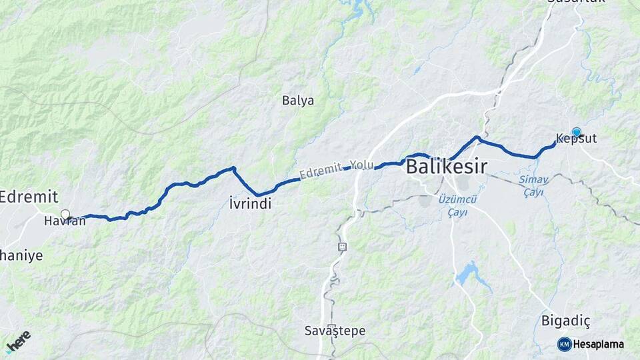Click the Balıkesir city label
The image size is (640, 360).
[447, 167]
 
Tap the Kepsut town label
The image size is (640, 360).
[576, 139]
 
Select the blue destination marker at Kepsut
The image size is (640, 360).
[577, 132]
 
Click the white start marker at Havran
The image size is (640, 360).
[65, 214]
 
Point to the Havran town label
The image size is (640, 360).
[65, 221]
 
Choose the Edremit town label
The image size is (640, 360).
[29, 197]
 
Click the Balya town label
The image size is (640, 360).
[298, 101]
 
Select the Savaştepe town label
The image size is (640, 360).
[335, 330]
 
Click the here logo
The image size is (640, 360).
[19, 341]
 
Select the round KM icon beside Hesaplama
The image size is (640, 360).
[565, 344]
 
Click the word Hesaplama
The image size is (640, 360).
[599, 344]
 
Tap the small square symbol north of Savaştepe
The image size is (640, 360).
[342, 246]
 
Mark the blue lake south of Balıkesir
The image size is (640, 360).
[469, 273]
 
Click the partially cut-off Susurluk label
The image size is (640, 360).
[575, 2]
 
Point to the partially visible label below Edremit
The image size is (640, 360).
[21, 255]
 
